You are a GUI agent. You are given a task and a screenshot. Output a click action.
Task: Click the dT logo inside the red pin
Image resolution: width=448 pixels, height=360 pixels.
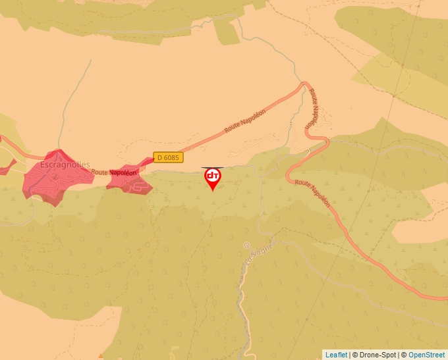(212, 176)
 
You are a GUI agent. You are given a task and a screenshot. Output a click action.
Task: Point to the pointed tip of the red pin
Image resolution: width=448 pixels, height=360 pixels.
(212, 192)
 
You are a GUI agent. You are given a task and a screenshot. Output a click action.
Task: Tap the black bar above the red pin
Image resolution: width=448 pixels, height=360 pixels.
(212, 168)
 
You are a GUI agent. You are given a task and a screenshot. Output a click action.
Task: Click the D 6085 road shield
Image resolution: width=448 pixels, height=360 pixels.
(168, 158)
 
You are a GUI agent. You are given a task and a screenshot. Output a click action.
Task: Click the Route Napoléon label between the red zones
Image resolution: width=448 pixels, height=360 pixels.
(114, 172)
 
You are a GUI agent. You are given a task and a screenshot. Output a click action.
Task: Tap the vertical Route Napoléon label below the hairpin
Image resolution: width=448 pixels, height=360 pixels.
(312, 109)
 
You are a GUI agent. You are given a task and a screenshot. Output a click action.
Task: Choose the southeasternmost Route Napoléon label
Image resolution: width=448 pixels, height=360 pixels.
(313, 193)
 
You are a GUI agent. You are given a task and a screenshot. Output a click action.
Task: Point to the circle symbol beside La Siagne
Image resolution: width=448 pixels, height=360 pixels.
(246, 245)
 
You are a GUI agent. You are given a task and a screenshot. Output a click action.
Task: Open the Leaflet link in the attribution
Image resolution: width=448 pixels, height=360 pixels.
(336, 355)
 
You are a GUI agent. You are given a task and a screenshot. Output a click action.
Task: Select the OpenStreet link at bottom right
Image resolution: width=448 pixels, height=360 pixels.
(426, 355)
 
